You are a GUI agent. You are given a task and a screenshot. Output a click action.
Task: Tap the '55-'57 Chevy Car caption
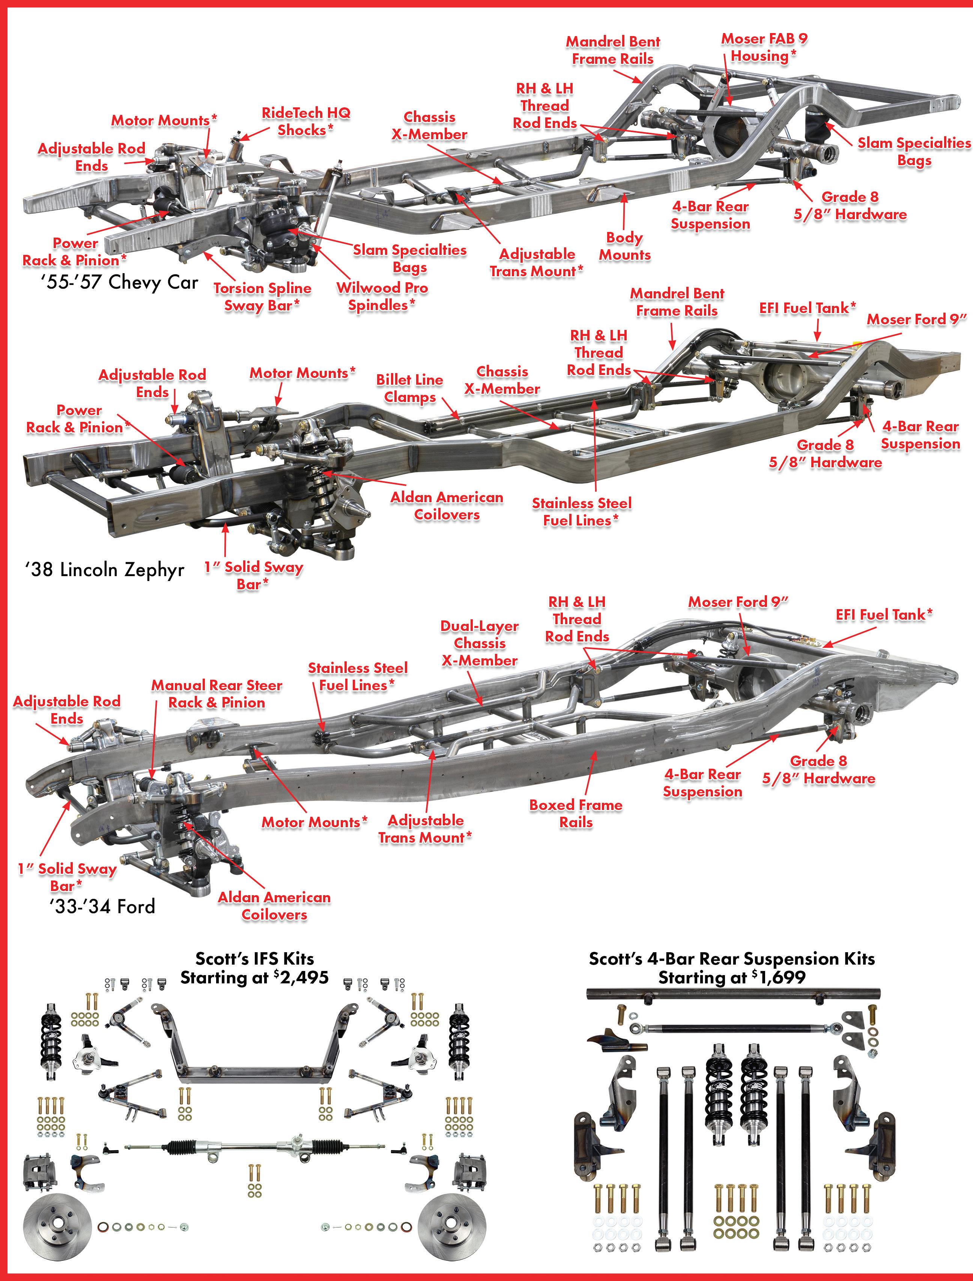tap(119, 282)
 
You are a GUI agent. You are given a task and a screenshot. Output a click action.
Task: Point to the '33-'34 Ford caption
tap(102, 906)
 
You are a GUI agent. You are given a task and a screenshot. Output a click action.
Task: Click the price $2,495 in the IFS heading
tap(301, 978)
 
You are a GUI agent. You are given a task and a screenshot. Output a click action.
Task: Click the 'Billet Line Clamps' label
tap(409, 389)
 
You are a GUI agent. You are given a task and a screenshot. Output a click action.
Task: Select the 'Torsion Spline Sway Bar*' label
tap(262, 296)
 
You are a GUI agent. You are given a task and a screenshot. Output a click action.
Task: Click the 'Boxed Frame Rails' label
tap(576, 813)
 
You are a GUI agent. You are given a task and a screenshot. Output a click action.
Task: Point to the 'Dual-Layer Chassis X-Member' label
tap(480, 643)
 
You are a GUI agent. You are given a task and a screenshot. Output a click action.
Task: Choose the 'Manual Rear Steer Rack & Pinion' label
tap(217, 694)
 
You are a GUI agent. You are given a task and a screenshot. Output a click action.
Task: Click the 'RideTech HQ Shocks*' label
tap(306, 121)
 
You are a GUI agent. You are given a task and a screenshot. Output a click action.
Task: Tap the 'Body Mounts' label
tap(624, 246)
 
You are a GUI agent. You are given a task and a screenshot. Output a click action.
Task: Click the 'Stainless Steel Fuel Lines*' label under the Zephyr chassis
tap(582, 512)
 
